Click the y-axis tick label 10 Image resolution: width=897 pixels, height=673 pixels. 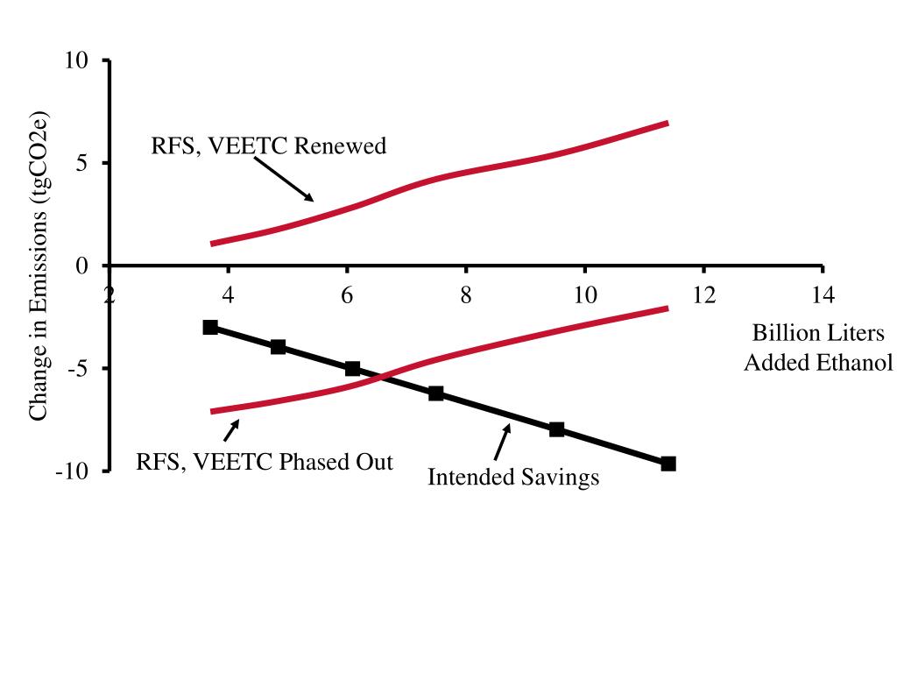pos(76,60)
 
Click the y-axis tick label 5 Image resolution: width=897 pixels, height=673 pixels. pos(82,163)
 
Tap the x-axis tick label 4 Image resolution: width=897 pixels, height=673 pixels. pos(228,294)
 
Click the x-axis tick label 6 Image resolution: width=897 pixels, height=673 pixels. pos(347,294)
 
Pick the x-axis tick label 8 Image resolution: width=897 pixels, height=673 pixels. pos(466,294)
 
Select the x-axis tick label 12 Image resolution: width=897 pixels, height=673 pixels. pos(703,294)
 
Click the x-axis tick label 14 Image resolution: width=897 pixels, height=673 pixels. pos(823,294)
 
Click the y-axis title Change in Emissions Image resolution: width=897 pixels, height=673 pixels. pos(39,266)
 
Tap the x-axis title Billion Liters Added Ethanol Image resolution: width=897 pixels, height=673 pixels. pos(818,347)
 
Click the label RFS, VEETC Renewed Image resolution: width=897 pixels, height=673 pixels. pos(268,145)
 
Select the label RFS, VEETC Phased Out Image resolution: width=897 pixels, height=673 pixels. pos(265,461)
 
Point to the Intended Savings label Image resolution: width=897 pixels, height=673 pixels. pos(513,477)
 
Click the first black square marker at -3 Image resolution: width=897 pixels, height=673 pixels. pos(210,327)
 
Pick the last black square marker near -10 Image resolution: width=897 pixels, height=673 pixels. pos(668,464)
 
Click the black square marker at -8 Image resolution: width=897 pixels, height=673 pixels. pos(557,429)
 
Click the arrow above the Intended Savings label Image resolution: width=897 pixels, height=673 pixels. pos(502,441)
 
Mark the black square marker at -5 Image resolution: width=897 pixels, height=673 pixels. pos(352,368)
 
